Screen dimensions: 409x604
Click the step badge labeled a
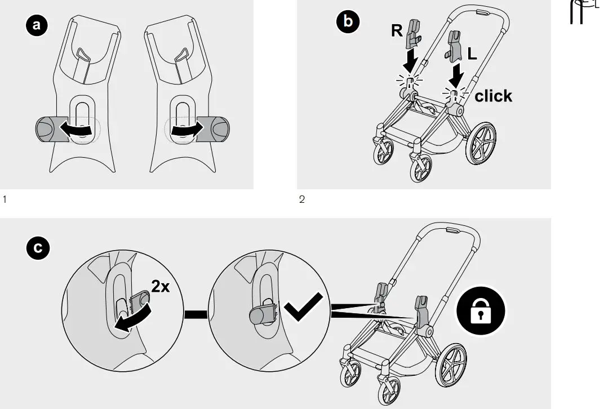pyautogui.click(x=37, y=25)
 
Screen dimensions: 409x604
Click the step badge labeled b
pyautogui.click(x=347, y=21)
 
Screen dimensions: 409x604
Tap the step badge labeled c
pyautogui.click(x=38, y=248)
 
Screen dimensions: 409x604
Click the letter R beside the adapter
pyautogui.click(x=397, y=31)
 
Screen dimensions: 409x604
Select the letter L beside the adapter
pyautogui.click(x=472, y=54)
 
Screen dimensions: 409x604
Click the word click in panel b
pyautogui.click(x=493, y=96)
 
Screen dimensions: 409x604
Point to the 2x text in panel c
pyautogui.click(x=160, y=287)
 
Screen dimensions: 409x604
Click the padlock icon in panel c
pyautogui.click(x=481, y=310)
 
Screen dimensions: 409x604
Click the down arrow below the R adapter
pyautogui.click(x=413, y=58)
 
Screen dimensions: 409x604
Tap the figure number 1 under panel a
pyautogui.click(x=5, y=199)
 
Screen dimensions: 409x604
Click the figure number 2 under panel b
pyautogui.click(x=301, y=199)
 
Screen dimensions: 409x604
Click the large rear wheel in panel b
pyautogui.click(x=483, y=145)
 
